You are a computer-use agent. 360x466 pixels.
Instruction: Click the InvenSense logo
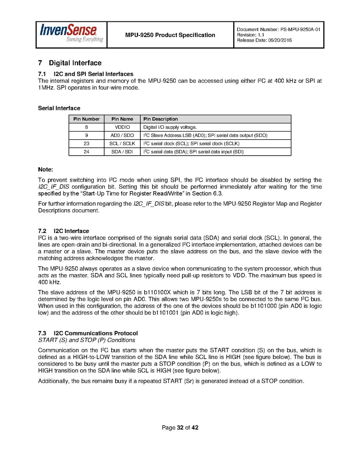[x=71, y=34]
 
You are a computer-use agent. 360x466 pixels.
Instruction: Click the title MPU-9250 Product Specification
[x=170, y=35]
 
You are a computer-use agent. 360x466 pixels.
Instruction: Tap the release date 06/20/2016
[x=264, y=40]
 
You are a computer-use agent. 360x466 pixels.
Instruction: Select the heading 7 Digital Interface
[x=70, y=63]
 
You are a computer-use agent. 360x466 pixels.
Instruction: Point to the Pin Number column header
[x=86, y=119]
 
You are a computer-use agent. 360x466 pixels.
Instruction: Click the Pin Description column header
[x=161, y=119]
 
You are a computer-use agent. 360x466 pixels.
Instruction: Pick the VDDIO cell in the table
[x=122, y=127]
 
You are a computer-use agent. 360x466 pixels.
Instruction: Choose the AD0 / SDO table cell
[x=122, y=135]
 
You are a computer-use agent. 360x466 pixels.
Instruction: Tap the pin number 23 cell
[x=86, y=144]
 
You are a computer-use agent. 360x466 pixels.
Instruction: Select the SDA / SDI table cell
[x=122, y=152]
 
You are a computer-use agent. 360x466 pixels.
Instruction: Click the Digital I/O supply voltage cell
[x=170, y=127]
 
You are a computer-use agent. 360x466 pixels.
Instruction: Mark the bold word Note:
[x=45, y=170]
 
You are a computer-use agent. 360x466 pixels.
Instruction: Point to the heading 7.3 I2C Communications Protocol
[x=88, y=333]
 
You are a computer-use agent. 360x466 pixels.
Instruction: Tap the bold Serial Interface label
[x=59, y=108]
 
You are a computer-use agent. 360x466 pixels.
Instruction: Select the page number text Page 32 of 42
[x=180, y=428]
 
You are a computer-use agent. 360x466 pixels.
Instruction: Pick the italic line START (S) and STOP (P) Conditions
[x=87, y=340]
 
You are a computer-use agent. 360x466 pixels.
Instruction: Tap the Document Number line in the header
[x=278, y=30]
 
